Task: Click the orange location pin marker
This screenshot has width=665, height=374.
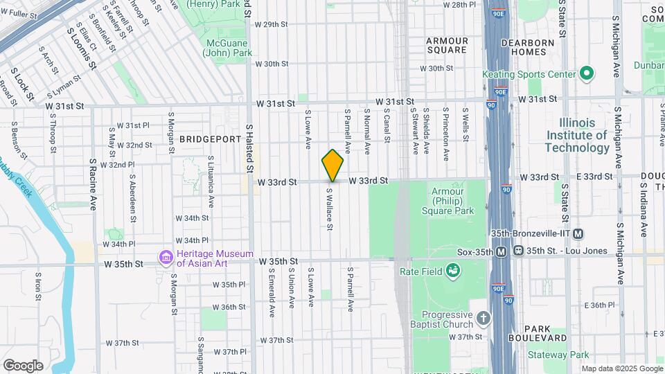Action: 332,166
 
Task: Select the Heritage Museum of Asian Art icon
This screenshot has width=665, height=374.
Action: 166,258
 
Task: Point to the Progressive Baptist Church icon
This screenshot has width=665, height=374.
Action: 483,319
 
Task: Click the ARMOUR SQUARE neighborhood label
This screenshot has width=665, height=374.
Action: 447,45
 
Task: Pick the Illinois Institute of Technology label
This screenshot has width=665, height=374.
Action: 577,135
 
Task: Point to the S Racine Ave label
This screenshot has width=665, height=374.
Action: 93,184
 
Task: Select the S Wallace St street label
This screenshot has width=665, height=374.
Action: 330,208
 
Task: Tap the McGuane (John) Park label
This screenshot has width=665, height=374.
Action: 229,46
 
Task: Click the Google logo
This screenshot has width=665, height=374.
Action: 23,365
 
